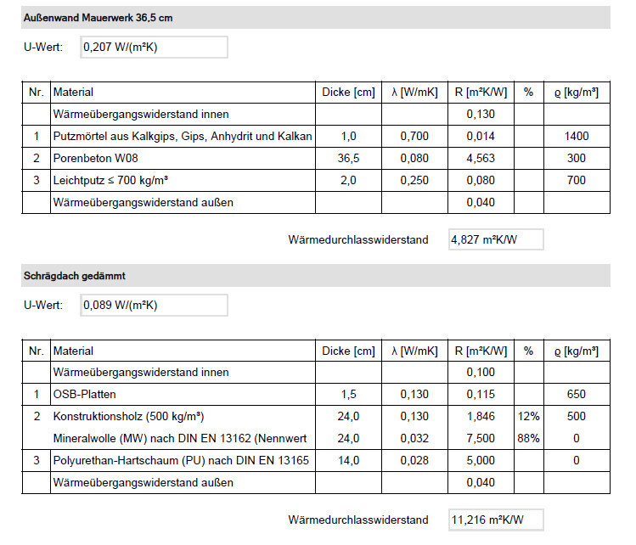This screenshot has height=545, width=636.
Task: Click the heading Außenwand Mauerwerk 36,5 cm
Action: (98, 18)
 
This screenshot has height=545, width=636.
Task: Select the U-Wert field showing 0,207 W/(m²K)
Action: (154, 48)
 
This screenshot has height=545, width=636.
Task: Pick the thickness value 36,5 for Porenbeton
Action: (349, 158)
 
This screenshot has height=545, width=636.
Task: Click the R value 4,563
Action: (480, 158)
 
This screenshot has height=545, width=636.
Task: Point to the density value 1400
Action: (577, 136)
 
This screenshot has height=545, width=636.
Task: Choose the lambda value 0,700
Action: (414, 136)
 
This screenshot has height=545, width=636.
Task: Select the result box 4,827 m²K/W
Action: (496, 240)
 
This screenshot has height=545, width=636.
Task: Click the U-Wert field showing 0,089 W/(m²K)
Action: (154, 306)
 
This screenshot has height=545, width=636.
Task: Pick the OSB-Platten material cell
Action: (85, 394)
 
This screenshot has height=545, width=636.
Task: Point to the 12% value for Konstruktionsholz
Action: (528, 417)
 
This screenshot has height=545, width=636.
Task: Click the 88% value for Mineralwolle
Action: (528, 439)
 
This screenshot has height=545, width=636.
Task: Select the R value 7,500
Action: (480, 439)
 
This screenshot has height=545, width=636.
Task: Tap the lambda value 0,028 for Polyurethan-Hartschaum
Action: (414, 461)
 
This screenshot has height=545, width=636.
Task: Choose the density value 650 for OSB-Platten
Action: (577, 394)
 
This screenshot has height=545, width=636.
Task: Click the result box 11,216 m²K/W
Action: (496, 520)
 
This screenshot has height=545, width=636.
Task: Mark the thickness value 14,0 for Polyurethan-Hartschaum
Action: (349, 461)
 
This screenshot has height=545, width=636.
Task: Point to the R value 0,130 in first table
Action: (480, 114)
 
